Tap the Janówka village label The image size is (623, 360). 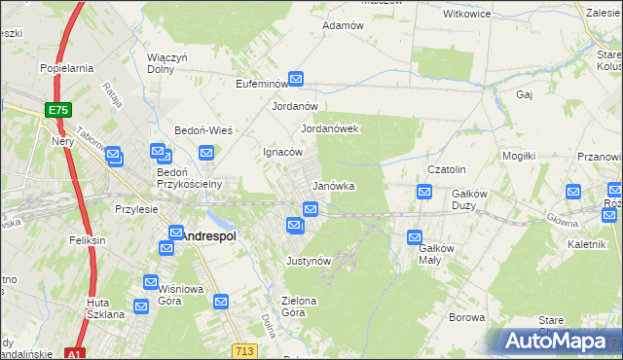333,185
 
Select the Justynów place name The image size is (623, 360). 310,261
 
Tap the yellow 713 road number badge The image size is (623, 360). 244,349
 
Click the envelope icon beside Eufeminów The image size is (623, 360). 296,81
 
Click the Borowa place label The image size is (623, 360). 466,317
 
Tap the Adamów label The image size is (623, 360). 343,25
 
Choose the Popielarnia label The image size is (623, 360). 66,68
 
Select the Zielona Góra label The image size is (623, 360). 299,306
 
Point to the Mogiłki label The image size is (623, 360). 520,156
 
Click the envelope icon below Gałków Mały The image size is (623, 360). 415,236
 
